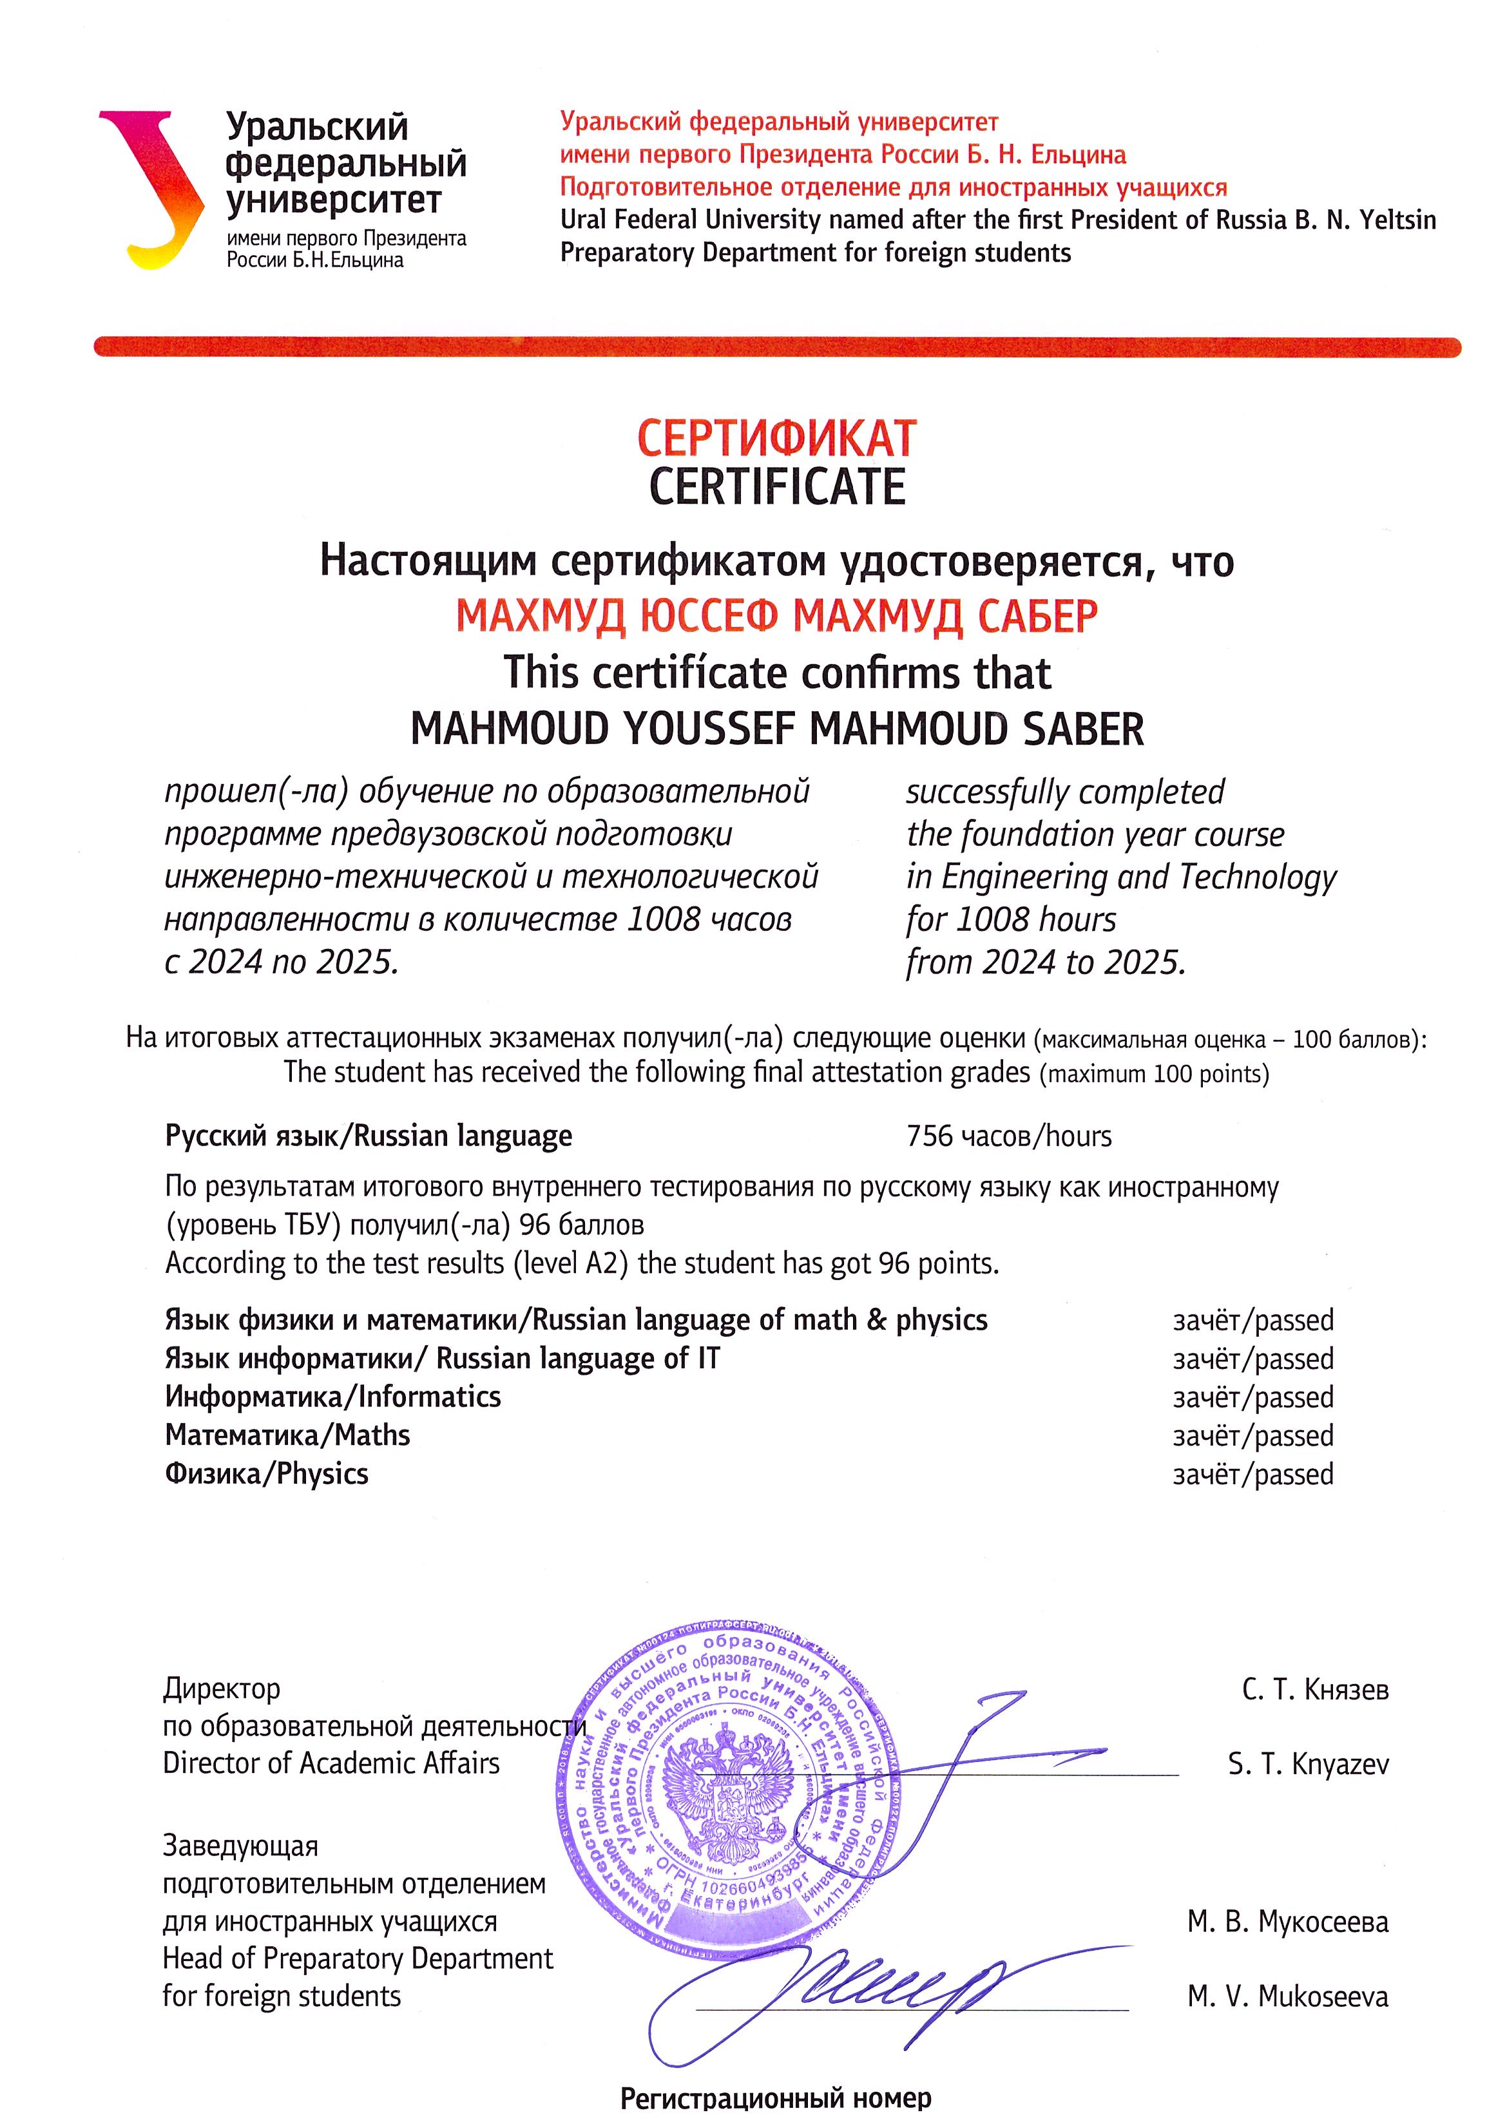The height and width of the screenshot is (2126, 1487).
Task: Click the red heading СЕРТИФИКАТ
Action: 776,439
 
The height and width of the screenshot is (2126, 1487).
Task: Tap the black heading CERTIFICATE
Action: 776,487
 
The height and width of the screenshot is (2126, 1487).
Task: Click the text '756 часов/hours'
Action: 1008,1136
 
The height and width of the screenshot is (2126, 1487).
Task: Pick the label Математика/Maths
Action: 287,1435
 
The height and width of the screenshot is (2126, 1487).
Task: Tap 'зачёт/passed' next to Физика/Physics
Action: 1252,1474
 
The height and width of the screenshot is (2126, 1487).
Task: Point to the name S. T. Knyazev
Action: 1307,1765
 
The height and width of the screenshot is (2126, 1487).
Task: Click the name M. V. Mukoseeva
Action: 1287,1997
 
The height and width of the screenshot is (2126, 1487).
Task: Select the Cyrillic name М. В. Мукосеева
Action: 1287,1923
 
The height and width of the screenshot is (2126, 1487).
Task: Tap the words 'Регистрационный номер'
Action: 775,2098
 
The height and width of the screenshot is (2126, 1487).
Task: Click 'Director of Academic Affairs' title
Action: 331,1763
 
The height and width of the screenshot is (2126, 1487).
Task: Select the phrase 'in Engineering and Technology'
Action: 1120,876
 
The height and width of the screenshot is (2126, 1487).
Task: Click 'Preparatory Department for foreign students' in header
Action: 815,253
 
